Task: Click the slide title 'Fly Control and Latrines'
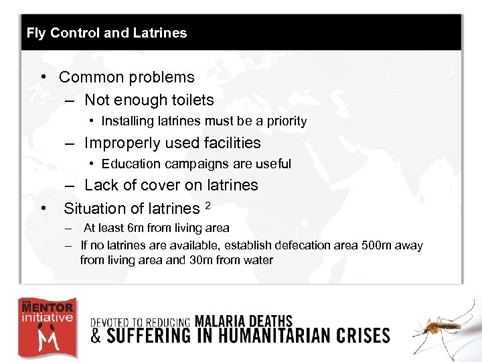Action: tap(106, 33)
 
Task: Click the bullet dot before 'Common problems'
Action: tap(43, 77)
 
